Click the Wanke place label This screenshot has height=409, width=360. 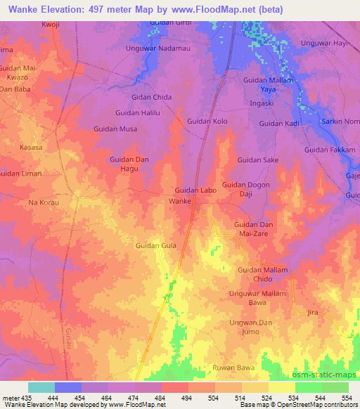coord(180,201)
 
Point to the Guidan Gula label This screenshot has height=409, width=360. coord(155,245)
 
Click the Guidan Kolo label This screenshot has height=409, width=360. coord(207,122)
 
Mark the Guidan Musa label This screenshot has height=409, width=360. coord(116,129)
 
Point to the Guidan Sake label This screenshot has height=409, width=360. coord(257,160)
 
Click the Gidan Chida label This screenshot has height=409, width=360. coord(153,97)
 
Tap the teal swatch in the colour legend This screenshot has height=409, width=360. coord(41,387)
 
